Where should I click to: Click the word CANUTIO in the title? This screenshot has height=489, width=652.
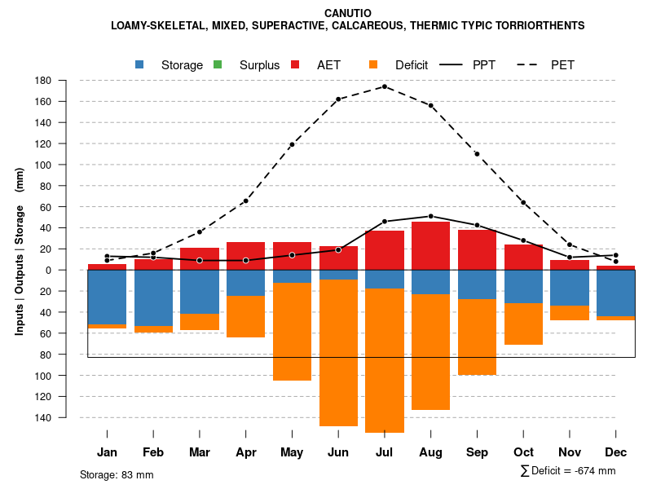[x=347, y=13]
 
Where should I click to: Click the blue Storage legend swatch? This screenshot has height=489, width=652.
[x=139, y=64]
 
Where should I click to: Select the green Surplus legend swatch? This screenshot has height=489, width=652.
[x=218, y=64]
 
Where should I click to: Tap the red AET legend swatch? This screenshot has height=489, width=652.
[x=295, y=64]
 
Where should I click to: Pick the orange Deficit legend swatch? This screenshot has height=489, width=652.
[x=373, y=64]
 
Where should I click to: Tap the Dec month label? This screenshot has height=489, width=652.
[x=616, y=452]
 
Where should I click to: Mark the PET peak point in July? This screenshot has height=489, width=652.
[x=385, y=86]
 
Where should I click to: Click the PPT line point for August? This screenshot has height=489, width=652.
[x=431, y=216]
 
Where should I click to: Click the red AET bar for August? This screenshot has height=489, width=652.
[x=431, y=245]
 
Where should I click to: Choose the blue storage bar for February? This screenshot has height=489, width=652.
[x=153, y=297]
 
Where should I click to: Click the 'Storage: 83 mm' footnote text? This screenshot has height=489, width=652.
[x=117, y=474]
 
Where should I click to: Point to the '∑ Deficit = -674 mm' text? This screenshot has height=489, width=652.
[x=567, y=471]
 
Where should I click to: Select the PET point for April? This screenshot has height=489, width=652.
[x=245, y=200]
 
